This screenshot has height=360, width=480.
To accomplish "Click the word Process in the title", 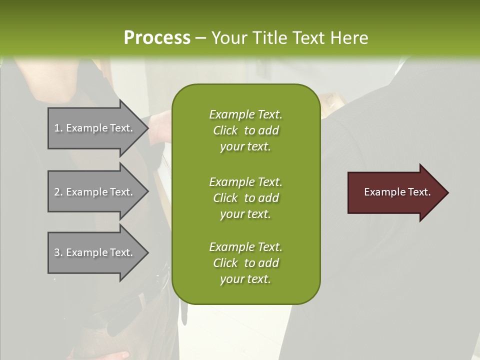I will pos(156,38).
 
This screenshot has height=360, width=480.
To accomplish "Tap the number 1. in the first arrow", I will pos(58,128).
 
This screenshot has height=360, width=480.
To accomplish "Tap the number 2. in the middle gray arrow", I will pos(58,192).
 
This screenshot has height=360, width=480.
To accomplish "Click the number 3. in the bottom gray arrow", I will pos(58,252).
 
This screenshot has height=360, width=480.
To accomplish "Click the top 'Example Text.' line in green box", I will pos(245,114).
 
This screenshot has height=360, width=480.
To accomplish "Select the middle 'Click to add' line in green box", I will pos(245,198).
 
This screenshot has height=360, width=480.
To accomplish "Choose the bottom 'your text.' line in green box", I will pos(245,279).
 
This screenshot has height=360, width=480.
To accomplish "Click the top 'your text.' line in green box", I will pos(245,147).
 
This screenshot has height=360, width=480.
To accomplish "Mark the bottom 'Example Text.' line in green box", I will pos(245,247).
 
